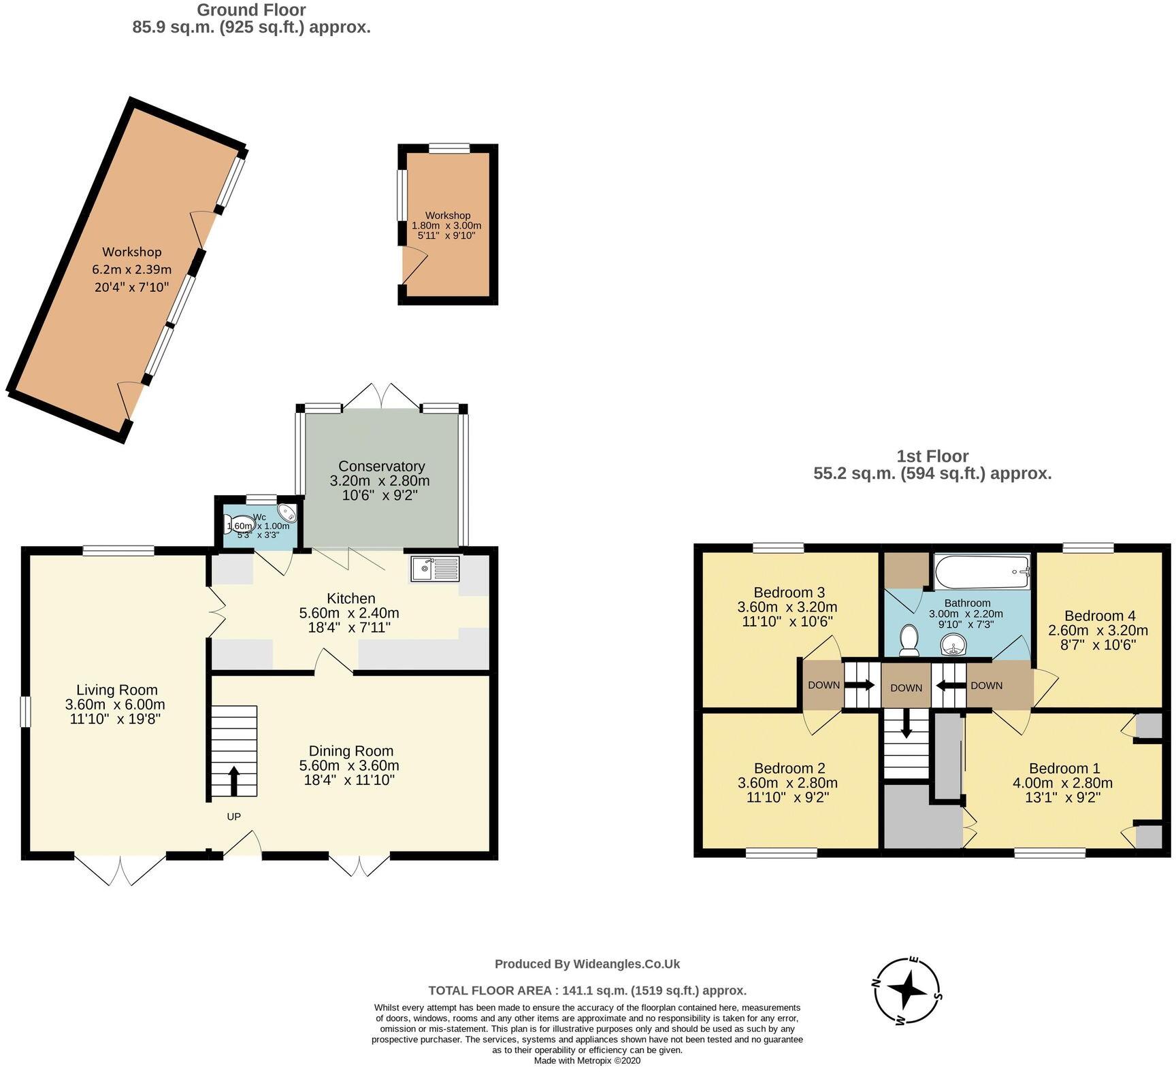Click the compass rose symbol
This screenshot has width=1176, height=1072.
tap(907, 992)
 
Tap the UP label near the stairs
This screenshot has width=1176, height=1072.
tap(233, 816)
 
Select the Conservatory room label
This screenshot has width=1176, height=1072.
tap(381, 467)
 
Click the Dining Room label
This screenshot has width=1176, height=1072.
tap(350, 751)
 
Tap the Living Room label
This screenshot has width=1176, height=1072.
tap(116, 690)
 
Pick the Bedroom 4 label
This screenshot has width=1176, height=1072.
tap(1100, 616)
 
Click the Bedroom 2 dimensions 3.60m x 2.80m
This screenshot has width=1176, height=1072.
tap(787, 783)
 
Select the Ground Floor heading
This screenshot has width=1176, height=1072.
tap(251, 10)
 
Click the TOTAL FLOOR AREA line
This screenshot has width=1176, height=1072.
tap(587, 990)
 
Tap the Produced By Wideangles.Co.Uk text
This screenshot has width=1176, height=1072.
tap(587, 964)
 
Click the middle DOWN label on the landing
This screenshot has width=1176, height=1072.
tap(906, 688)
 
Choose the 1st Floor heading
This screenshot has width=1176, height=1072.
tap(932, 456)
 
